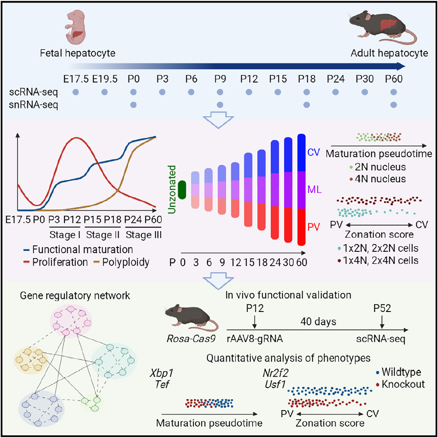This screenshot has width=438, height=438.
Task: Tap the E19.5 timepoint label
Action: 105,78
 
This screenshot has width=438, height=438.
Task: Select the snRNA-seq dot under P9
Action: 220,105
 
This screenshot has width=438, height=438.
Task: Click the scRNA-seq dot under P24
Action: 336,92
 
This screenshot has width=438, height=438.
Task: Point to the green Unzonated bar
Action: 182,189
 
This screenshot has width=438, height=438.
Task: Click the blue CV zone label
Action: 313,152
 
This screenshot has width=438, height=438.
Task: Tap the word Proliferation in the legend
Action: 60,262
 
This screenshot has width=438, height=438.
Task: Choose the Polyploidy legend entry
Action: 126,262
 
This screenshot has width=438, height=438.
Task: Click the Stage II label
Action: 103,235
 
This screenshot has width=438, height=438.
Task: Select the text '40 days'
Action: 319,321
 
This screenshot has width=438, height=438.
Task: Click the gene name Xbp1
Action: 158,373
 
